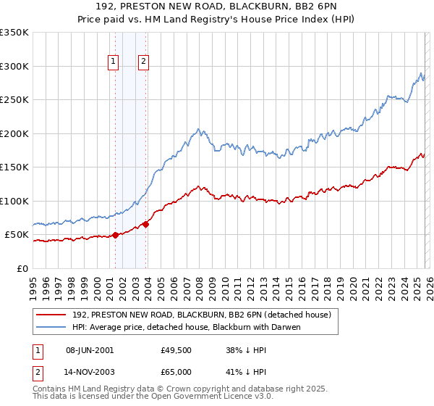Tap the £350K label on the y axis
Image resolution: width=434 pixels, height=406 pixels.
[x=14, y=33]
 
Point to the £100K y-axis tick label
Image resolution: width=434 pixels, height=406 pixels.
[x=14, y=202]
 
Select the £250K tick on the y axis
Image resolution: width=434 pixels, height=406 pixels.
[x=14, y=100]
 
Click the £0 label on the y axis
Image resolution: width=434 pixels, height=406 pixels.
[x=23, y=269]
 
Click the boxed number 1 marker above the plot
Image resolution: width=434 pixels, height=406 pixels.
[x=114, y=62]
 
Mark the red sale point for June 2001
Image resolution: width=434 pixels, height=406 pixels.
[x=115, y=235]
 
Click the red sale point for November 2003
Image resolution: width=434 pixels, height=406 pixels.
[x=146, y=224]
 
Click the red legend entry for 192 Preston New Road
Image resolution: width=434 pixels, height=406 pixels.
[x=201, y=315]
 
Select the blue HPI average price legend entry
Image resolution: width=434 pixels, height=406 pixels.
[x=186, y=327]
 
